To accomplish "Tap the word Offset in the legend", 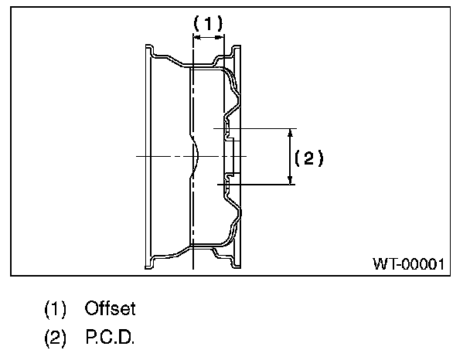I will tap(111, 309).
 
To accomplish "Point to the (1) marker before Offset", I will tap(56, 309).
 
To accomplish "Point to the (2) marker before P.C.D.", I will tap(56, 338).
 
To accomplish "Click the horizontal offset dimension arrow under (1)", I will tap(208, 36).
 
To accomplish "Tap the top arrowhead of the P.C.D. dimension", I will tap(290, 133).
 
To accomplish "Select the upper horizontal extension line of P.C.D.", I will tap(255, 127).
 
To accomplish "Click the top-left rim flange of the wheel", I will tap(150, 51).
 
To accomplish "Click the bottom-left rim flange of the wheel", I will tap(150, 263).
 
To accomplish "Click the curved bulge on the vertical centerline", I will tap(196, 157).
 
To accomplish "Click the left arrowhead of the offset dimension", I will tap(195, 36).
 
